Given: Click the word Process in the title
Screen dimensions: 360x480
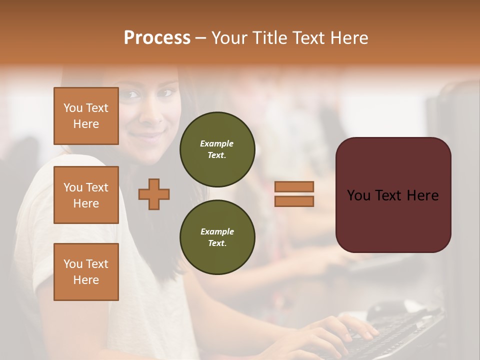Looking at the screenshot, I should point(157,38).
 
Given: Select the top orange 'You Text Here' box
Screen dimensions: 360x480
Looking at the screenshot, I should point(86,116).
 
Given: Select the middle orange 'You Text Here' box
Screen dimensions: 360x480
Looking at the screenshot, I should point(86,195).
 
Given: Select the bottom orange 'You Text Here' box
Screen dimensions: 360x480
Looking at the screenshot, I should point(86,272).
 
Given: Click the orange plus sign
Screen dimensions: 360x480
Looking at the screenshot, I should point(154,194).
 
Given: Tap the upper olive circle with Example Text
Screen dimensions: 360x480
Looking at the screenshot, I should point(217,149).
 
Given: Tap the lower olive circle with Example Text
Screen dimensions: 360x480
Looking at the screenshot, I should point(217,237).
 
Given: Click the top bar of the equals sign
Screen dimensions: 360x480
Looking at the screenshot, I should point(294,187).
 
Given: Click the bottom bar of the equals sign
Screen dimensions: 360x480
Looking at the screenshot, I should point(294,201).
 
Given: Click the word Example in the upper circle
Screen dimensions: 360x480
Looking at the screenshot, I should point(216,144).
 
